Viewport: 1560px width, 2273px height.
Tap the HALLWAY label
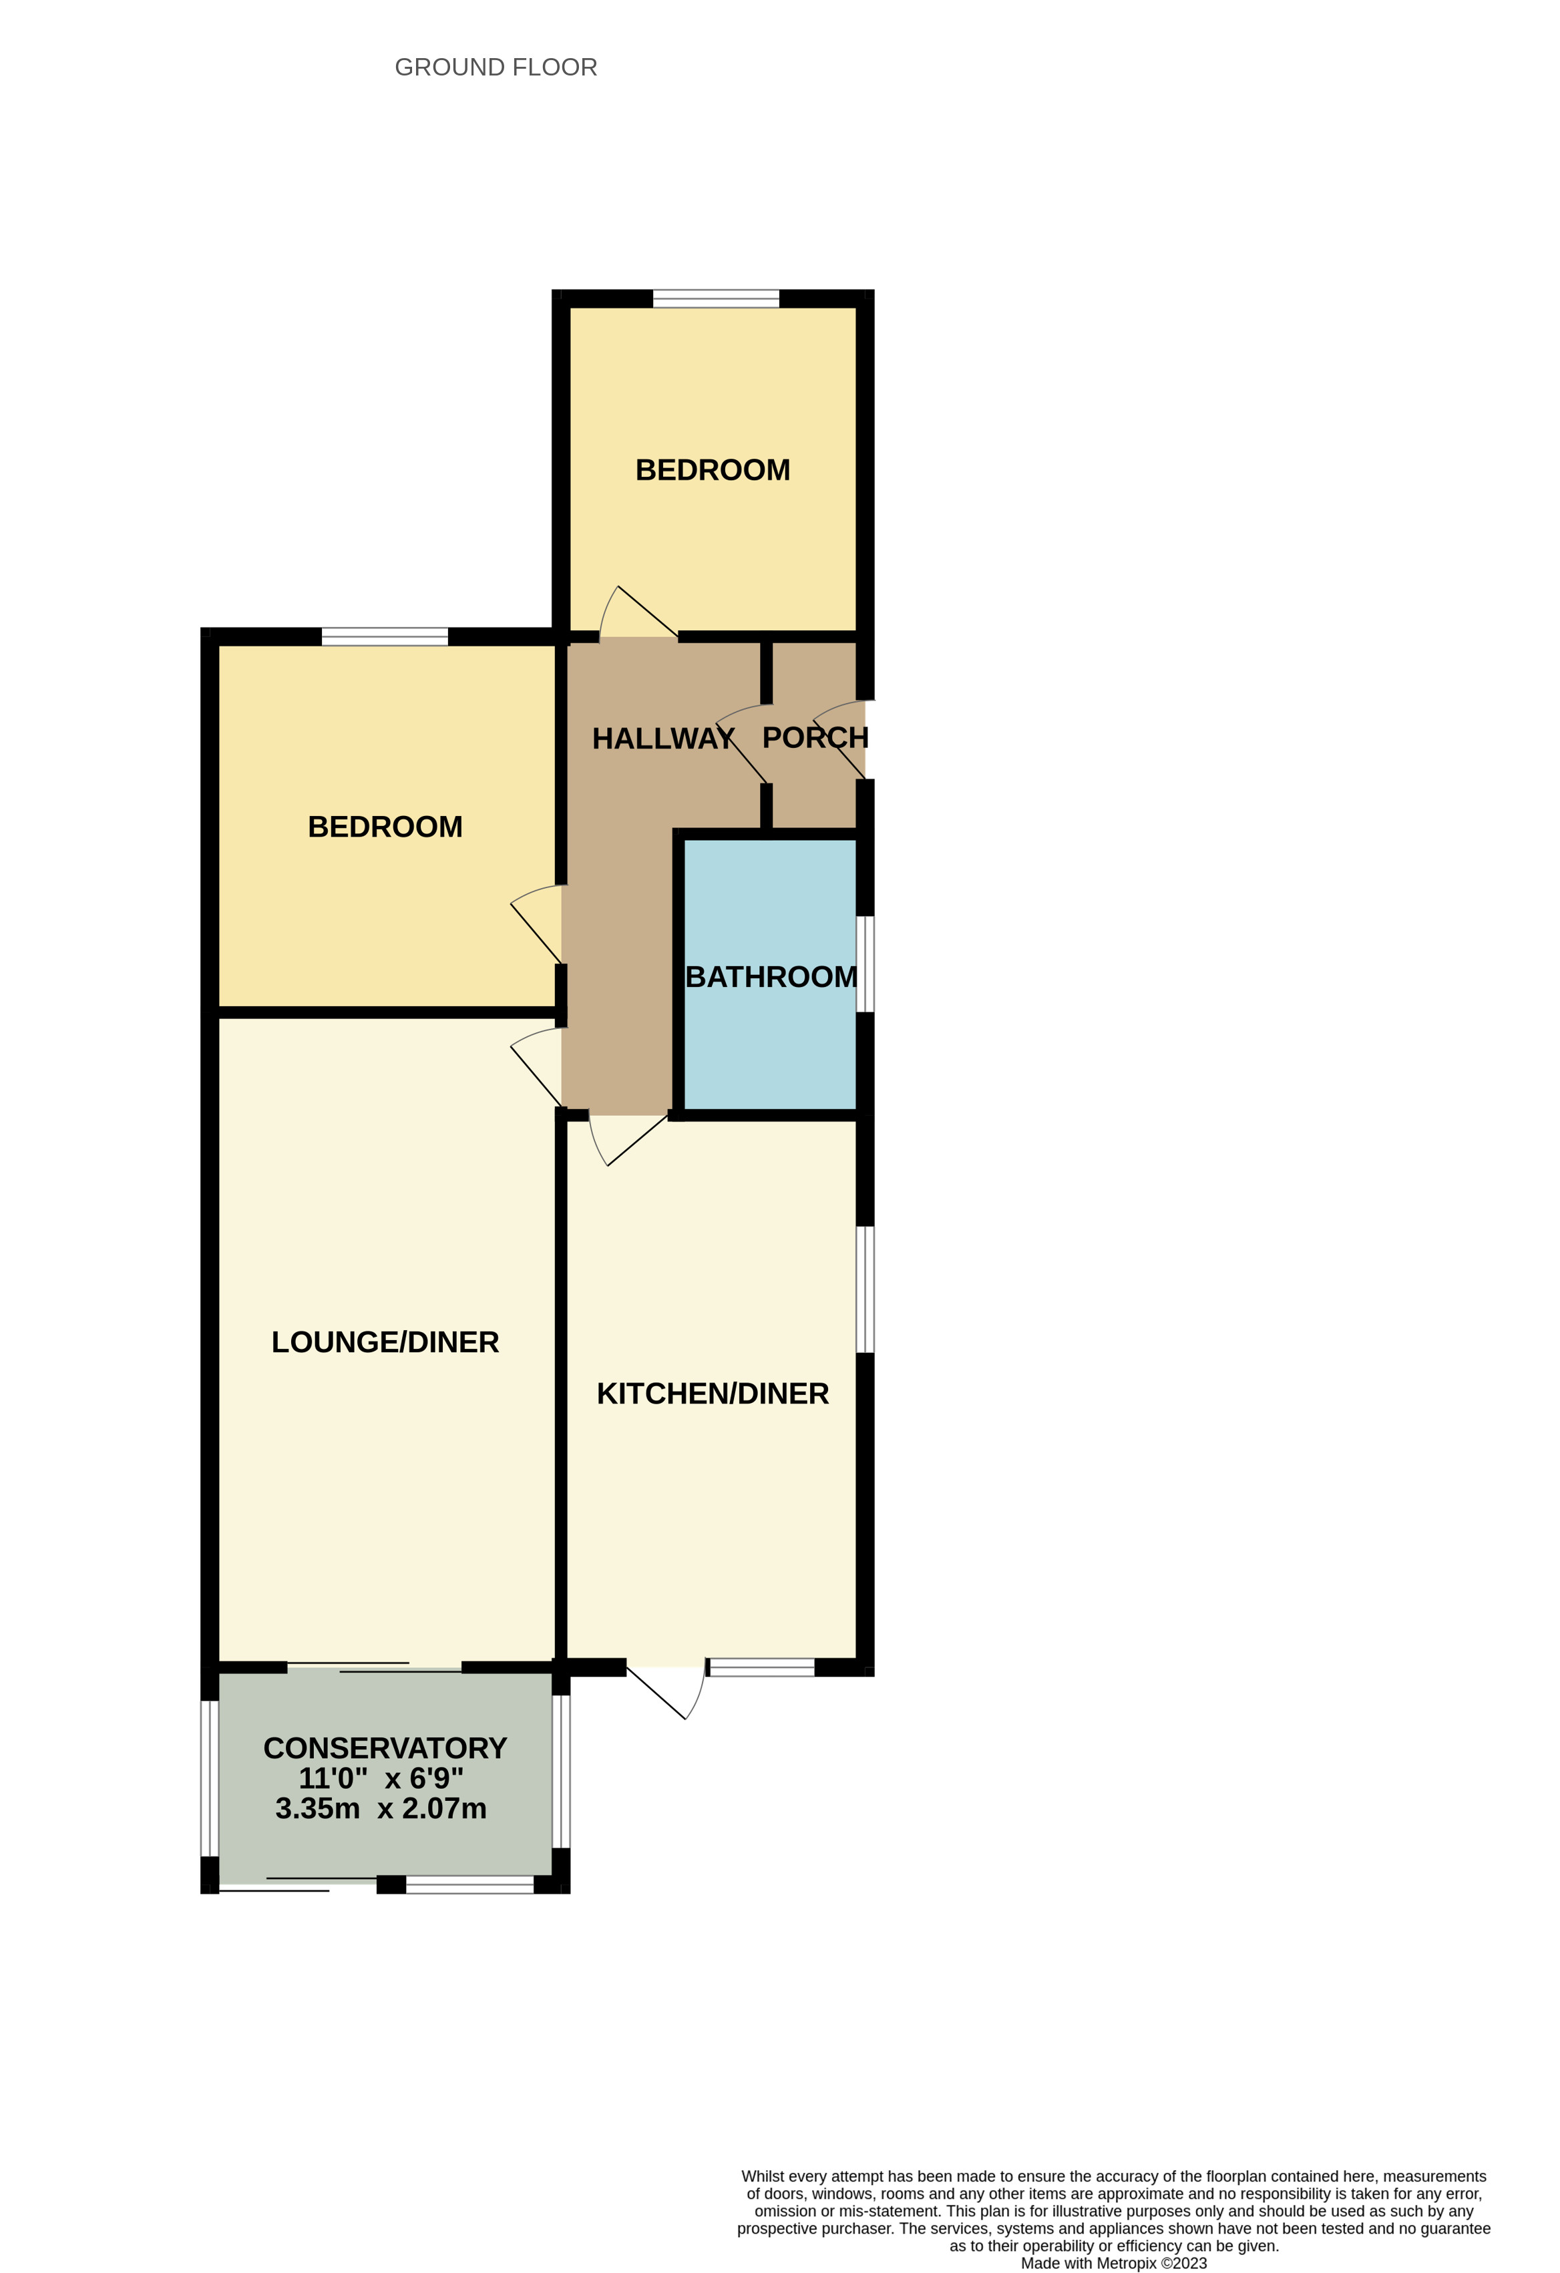coord(662,739)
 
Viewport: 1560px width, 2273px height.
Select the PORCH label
coord(815,737)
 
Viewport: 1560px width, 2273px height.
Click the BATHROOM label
coord(771,977)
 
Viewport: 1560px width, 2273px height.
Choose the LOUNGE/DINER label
coord(385,1342)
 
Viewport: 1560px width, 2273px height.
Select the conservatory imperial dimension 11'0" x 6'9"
coord(381,1778)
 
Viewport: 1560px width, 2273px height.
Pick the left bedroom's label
coord(385,827)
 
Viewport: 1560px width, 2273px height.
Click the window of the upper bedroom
coord(716,298)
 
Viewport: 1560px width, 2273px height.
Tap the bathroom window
coord(865,964)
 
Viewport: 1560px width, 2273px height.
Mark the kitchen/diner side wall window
coord(865,1289)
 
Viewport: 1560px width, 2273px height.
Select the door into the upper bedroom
coord(638,616)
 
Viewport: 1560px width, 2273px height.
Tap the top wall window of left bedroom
coord(385,637)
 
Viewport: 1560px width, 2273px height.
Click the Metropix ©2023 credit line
coord(1113,2263)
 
